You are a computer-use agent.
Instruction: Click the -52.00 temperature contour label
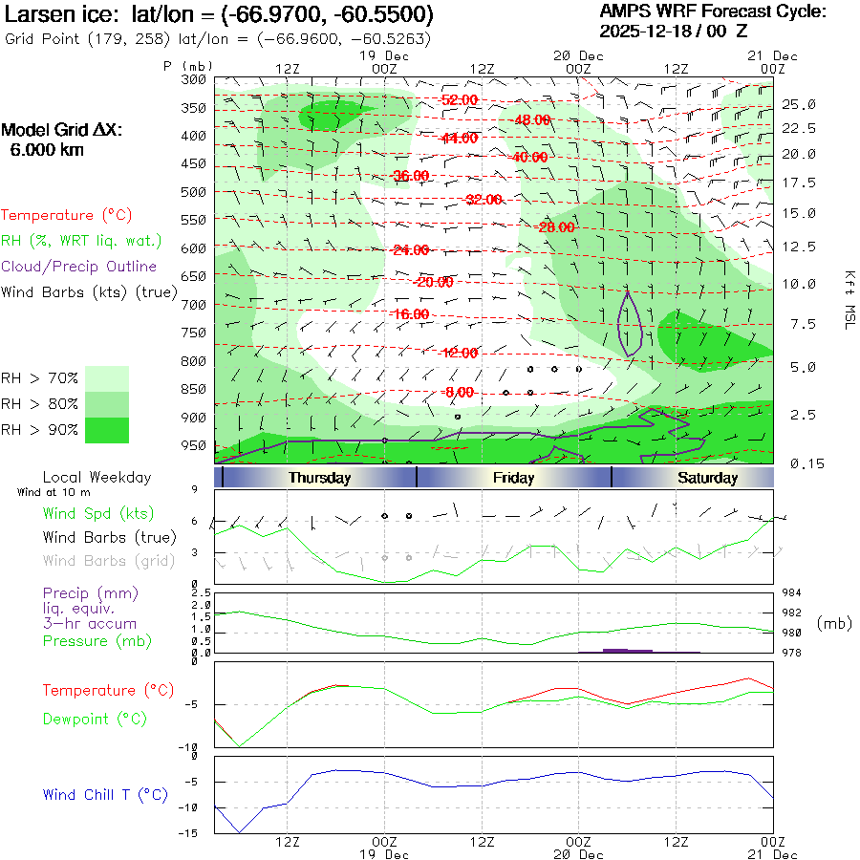[460, 99]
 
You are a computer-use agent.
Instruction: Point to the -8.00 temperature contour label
[460, 392]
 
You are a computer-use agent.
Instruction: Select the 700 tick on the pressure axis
[194, 305]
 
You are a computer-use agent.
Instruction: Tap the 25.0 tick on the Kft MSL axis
[798, 104]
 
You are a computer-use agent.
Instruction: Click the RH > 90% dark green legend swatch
[107, 430]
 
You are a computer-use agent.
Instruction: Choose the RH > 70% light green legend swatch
[107, 378]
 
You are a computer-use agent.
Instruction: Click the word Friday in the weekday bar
[513, 478]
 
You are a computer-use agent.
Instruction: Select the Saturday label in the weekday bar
[707, 478]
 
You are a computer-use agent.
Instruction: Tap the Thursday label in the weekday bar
[319, 478]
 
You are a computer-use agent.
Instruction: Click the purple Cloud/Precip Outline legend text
[79, 266]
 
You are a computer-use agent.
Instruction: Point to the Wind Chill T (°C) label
[105, 794]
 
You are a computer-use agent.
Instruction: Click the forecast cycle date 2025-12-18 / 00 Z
[674, 31]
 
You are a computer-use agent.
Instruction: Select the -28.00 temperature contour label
[556, 227]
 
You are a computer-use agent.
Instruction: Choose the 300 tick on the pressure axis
[194, 79]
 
